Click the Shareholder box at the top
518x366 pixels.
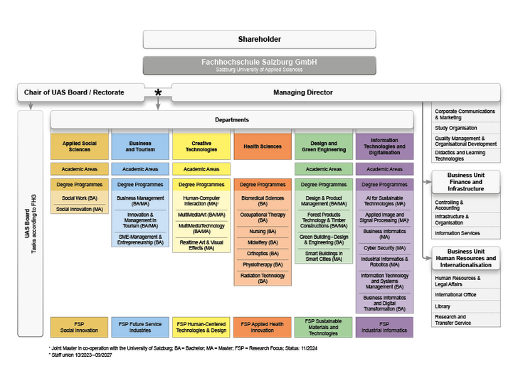click(x=259, y=39)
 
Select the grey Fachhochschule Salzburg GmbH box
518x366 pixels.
click(x=259, y=65)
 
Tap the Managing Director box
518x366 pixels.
click(x=302, y=92)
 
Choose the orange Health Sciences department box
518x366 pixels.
click(x=262, y=146)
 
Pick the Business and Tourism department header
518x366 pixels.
click(x=140, y=146)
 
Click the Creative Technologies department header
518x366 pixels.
click(x=201, y=146)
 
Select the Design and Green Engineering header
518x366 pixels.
click(x=323, y=146)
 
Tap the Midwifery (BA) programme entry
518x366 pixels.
click(x=262, y=242)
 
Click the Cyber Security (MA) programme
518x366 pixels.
click(x=384, y=248)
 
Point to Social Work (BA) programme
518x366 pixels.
click(x=80, y=198)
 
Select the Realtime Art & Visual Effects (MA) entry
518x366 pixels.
click(x=201, y=244)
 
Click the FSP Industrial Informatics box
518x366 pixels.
click(x=384, y=327)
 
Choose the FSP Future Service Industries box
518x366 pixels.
click(x=140, y=327)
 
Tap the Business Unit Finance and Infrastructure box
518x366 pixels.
click(x=465, y=182)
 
